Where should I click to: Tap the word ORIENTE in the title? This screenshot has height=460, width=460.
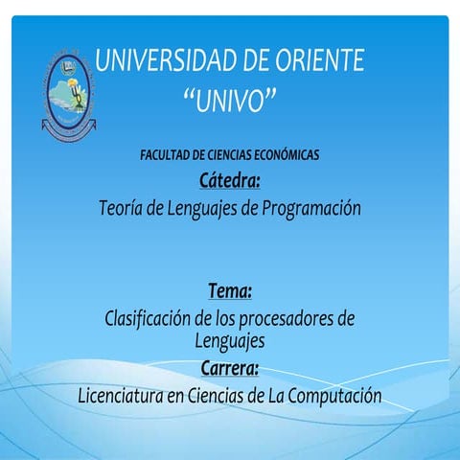tap(322, 61)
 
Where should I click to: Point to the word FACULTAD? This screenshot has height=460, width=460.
tap(166, 154)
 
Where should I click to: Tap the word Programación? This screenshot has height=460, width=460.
tap(307, 207)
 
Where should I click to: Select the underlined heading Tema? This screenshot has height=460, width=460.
tap(230, 289)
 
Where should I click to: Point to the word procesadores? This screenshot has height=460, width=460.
tap(287, 319)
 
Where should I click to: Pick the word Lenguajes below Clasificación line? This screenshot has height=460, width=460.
tap(230, 340)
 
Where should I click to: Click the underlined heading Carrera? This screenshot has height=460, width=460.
tap(230, 368)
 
